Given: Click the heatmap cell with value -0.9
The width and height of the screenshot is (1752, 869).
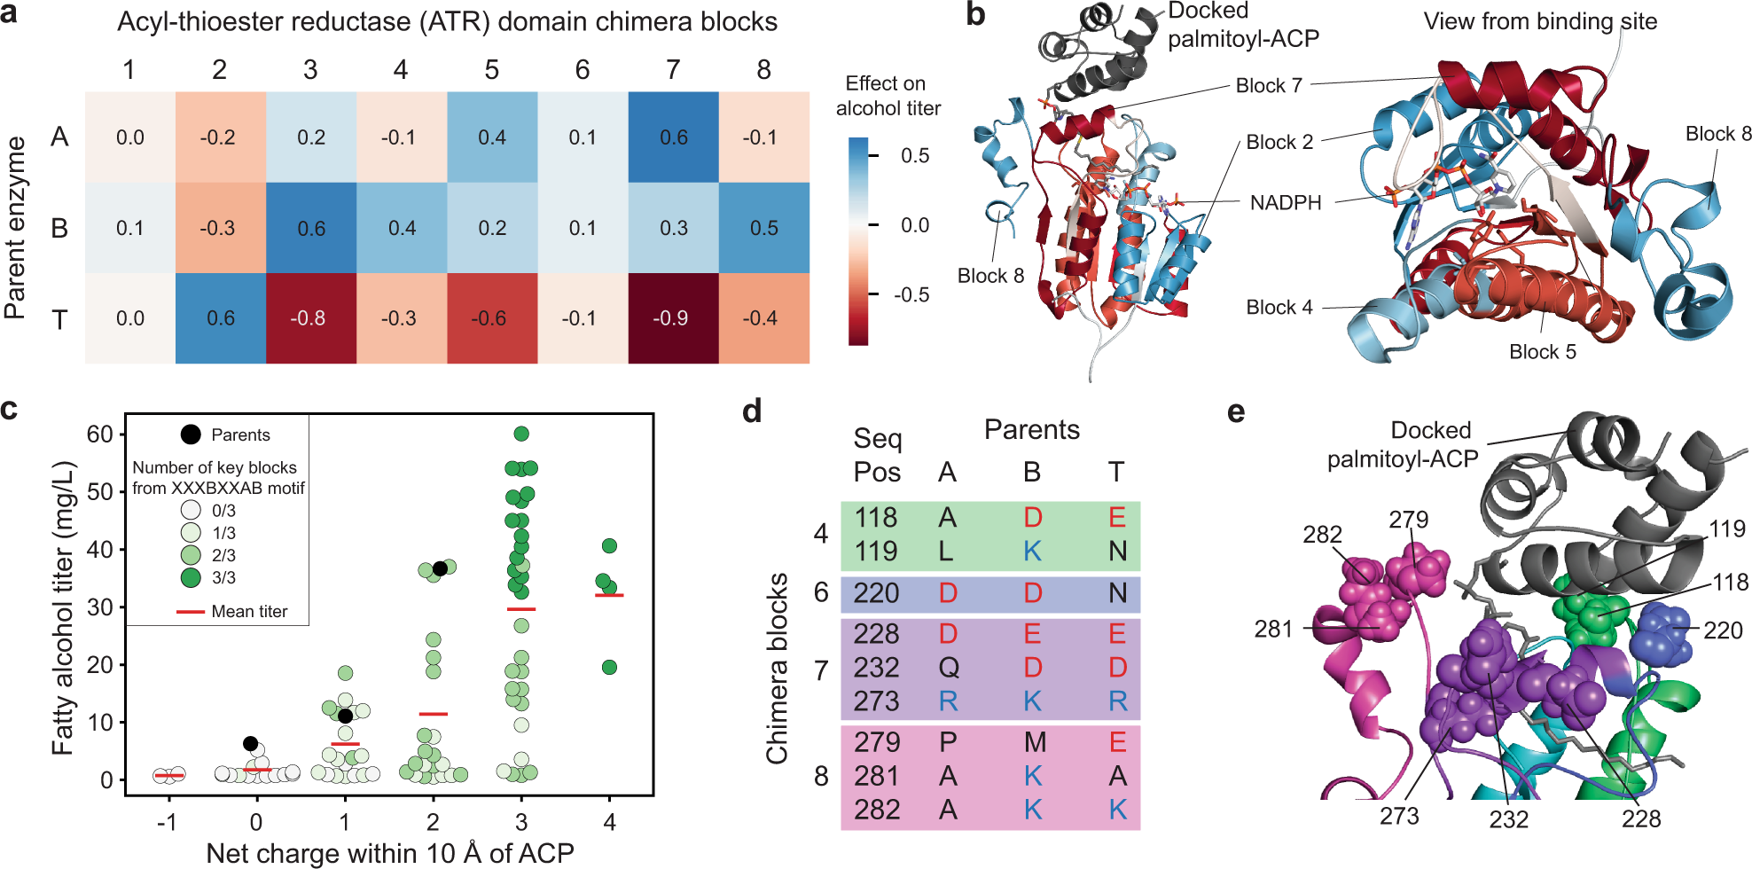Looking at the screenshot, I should click(673, 318).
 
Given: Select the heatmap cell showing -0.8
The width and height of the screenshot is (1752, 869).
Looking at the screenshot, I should click(310, 318).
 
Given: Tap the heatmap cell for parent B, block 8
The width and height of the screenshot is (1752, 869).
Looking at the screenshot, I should click(763, 228).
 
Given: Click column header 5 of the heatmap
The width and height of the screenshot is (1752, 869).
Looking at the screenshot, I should click(491, 70).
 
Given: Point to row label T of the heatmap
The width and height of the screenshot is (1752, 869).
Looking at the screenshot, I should click(59, 318).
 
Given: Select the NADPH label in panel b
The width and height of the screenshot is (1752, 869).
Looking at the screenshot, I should click(1285, 203).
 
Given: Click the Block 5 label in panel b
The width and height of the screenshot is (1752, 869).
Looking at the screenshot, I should click(1542, 352).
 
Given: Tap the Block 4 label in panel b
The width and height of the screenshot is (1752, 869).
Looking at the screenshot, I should click(1279, 308).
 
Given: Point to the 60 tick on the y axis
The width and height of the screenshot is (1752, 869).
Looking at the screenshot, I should click(99, 434).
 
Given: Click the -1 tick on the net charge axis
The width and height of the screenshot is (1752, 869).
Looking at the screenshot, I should click(167, 823).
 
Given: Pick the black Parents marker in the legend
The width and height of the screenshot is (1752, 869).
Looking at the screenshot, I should click(191, 434).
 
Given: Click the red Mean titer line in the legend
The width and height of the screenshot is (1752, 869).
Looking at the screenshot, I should click(191, 612).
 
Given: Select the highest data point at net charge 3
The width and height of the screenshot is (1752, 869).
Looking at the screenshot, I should click(521, 434).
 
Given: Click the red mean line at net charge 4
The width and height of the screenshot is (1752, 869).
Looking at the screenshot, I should click(609, 595).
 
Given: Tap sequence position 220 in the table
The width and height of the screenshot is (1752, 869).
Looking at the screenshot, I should click(876, 593).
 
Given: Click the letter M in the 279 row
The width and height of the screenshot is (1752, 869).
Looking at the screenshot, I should click(1034, 742).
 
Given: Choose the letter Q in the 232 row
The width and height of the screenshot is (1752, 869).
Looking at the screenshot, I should click(948, 668).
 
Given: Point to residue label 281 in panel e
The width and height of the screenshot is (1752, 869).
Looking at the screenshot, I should click(1273, 629).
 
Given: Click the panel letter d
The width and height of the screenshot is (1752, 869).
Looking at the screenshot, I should click(752, 411).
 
